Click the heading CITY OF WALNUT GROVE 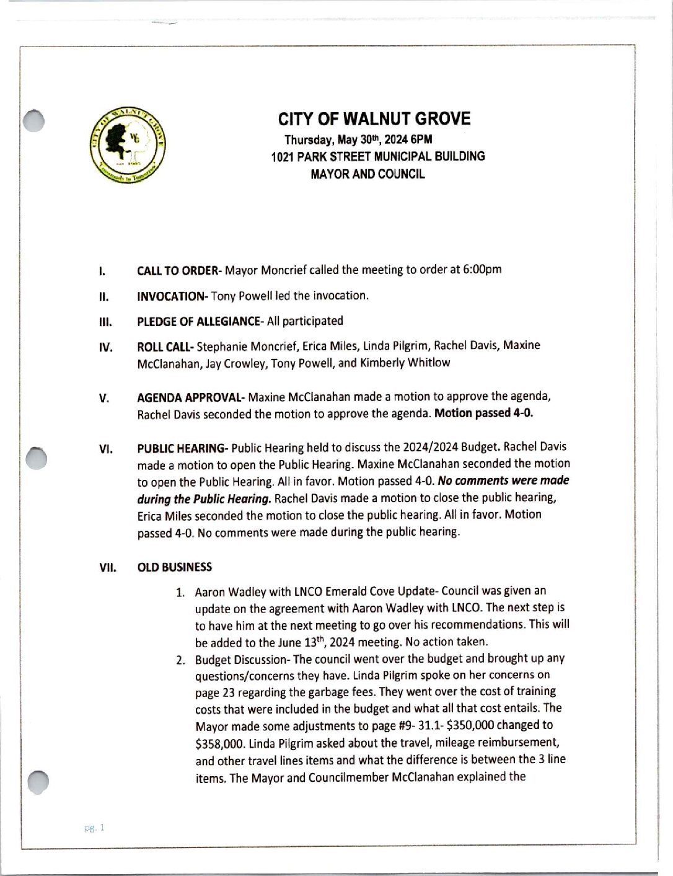(x=374, y=119)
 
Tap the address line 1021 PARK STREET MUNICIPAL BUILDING (x=378, y=157)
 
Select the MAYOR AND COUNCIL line (x=367, y=174)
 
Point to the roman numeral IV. (x=105, y=347)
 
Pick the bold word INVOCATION (x=172, y=296)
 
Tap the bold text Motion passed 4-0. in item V (x=483, y=414)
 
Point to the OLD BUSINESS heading (x=174, y=567)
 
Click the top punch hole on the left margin (x=35, y=120)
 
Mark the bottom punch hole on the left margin (x=38, y=782)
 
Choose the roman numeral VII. (x=108, y=567)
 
